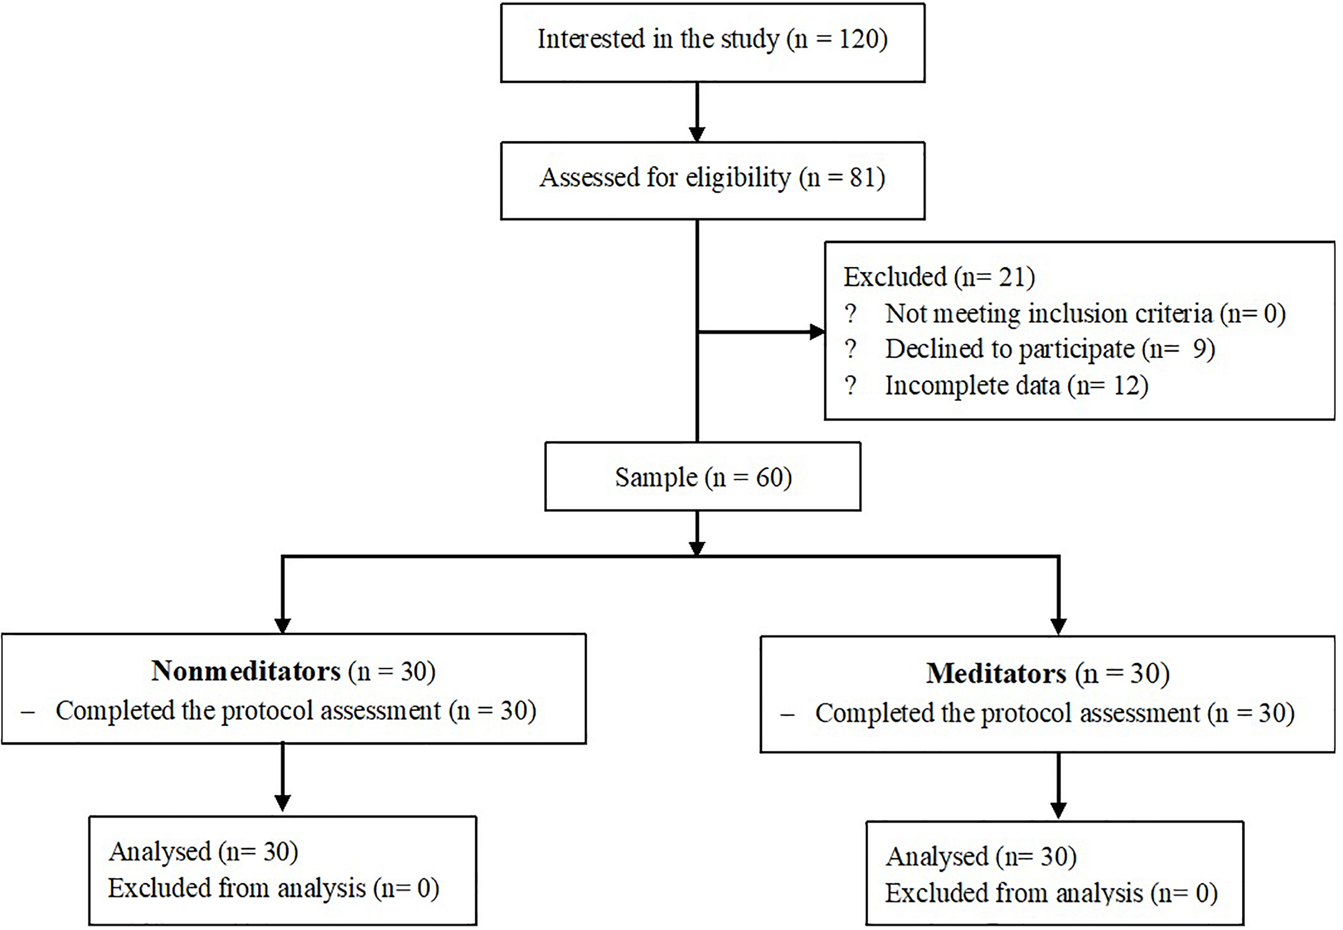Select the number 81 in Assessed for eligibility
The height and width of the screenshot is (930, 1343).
pyautogui.click(x=862, y=178)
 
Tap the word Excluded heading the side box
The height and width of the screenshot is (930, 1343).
pyautogui.click(x=894, y=277)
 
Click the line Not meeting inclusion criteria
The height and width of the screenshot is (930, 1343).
pyautogui.click(x=1084, y=313)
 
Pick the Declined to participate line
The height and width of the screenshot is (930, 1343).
pyautogui.click(x=1049, y=349)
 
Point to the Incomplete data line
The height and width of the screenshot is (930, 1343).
pyautogui.click(x=1016, y=386)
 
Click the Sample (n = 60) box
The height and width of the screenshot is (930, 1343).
pyautogui.click(x=703, y=477)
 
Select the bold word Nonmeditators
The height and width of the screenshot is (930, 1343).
pyautogui.click(x=246, y=671)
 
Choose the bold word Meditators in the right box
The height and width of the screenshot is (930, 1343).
pyautogui.click(x=996, y=673)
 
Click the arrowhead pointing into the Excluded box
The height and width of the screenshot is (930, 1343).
pyautogui.click(x=817, y=332)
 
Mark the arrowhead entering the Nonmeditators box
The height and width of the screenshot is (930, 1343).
pyautogui.click(x=283, y=625)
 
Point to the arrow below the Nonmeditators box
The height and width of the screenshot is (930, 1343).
pyautogui.click(x=283, y=779)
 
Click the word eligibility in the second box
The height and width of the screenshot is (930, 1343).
pyautogui.click(x=737, y=178)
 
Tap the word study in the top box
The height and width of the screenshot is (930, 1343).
pyautogui.click(x=750, y=40)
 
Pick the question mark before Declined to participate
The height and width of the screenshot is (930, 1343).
pyautogui.click(x=850, y=349)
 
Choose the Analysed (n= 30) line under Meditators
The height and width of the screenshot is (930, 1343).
pyautogui.click(x=981, y=857)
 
